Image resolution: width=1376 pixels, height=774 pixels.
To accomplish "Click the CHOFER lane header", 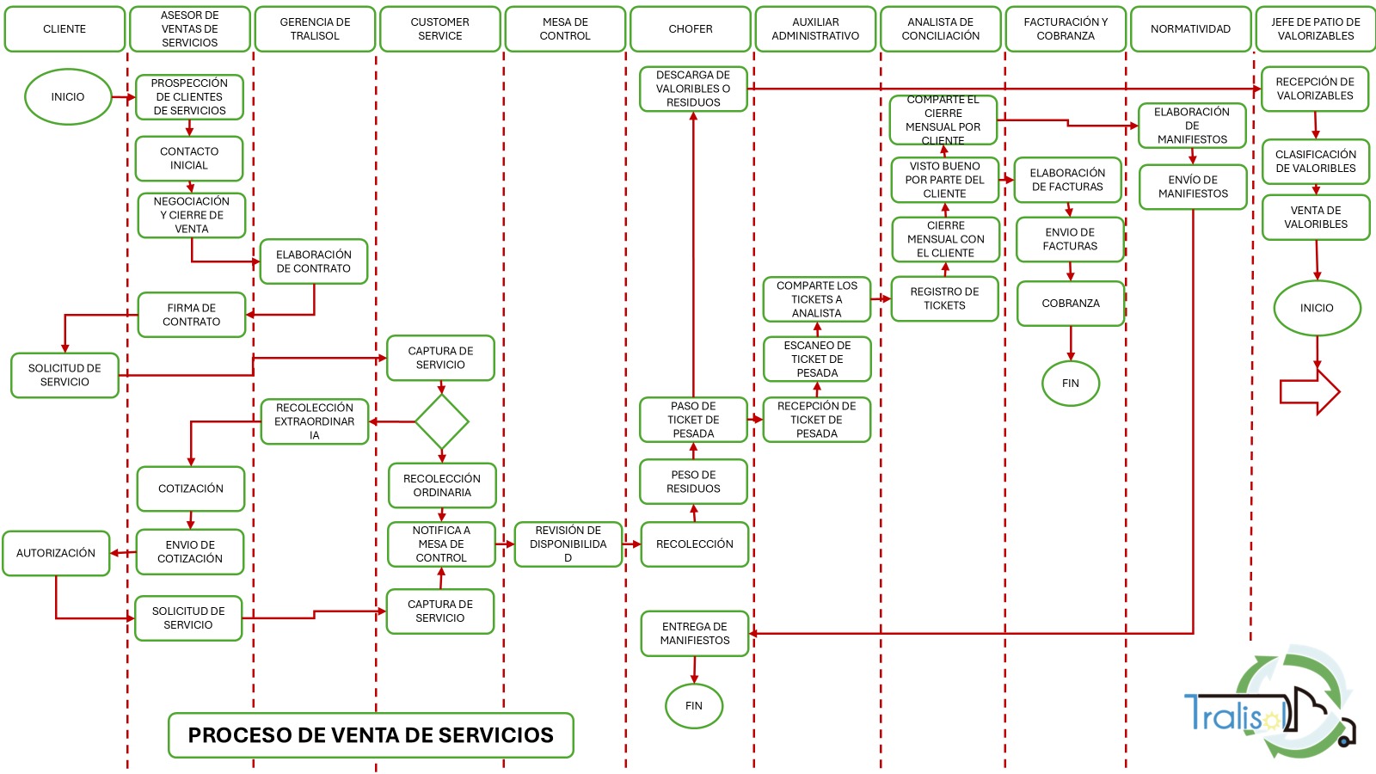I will point(691,29).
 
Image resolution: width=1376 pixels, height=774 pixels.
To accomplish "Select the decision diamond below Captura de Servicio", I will point(442,421).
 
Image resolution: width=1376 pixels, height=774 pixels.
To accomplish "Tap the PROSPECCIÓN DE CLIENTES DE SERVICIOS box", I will point(189,97).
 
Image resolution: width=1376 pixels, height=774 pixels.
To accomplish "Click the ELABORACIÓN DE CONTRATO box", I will point(314,261).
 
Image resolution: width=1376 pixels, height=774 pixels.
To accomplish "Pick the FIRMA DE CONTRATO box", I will point(192,315).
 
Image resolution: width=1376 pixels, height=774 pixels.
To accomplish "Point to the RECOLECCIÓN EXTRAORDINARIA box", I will point(315,421).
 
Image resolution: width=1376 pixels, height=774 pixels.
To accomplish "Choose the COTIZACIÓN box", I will point(191,488).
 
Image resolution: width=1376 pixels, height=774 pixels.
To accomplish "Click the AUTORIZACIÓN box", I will point(56,553).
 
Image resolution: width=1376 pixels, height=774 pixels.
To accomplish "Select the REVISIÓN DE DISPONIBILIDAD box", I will point(568,544).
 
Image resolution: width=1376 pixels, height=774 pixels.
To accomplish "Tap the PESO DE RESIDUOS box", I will point(693,482).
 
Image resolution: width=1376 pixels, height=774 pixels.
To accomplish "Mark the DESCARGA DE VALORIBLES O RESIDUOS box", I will point(693,89).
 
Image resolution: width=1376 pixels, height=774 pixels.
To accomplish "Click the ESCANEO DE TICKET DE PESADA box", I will point(817,359).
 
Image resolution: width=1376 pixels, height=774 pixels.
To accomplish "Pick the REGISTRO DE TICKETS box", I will point(944,298).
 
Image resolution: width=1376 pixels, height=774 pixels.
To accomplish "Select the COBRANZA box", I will point(1071,304).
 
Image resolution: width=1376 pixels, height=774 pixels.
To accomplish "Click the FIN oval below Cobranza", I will point(1071,384).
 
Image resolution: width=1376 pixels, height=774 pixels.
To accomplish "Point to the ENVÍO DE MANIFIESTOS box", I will point(1193,187).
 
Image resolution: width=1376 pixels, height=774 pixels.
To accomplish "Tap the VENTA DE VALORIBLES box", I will point(1316,218).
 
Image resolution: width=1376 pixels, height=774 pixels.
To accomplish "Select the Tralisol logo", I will point(1268,707).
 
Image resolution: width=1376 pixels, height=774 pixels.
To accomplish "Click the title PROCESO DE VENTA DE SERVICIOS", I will point(371,735).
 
